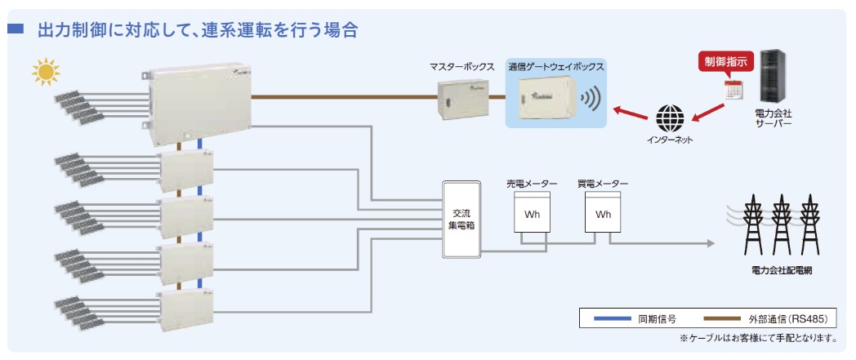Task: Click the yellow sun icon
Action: coord(47,73)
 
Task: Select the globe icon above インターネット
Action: coord(671,118)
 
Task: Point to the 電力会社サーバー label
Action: coord(774,124)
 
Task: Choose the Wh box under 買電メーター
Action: coord(603,213)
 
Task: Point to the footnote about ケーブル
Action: coord(759,337)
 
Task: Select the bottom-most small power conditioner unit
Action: coord(186,312)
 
